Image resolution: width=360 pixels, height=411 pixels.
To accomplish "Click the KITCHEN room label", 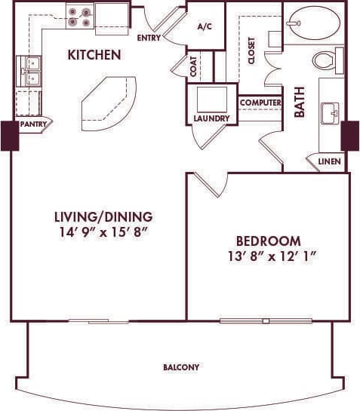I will pyautogui.click(x=94, y=54).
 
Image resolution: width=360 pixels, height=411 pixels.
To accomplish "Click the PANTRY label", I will pyautogui.click(x=34, y=124).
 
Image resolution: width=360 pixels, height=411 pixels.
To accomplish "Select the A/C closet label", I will pyautogui.click(x=205, y=26).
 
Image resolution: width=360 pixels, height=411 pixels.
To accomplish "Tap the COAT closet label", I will pyautogui.click(x=194, y=67).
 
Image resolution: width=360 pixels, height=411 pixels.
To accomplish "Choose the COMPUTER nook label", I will pyautogui.click(x=260, y=103).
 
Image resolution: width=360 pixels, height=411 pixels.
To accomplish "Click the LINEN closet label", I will pyautogui.click(x=328, y=162).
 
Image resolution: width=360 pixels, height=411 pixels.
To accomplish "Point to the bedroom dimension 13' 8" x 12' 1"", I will pyautogui.click(x=269, y=256).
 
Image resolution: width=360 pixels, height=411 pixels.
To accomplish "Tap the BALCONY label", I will pyautogui.click(x=181, y=367).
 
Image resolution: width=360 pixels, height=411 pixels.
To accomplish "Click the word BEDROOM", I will pyautogui.click(x=269, y=241).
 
